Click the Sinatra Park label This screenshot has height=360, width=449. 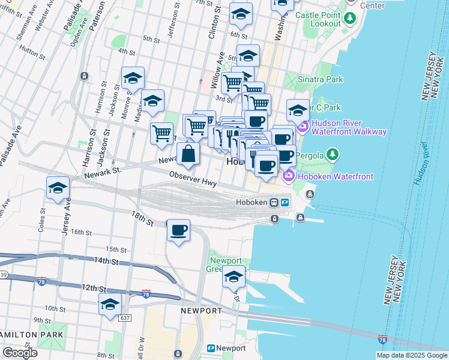click(x=321, y=79)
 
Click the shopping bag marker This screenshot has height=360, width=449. click(x=188, y=153)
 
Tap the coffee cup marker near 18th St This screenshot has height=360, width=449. click(x=179, y=230)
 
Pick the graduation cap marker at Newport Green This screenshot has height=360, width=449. click(x=234, y=277)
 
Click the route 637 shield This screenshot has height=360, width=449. click(x=125, y=317)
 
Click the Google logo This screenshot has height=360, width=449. click(x=20, y=353)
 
